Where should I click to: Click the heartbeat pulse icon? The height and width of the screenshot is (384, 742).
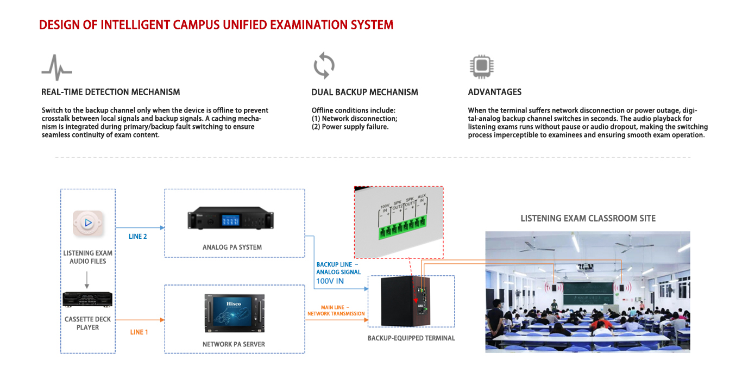click(x=56, y=67)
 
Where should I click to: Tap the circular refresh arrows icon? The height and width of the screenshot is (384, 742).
click(x=324, y=65)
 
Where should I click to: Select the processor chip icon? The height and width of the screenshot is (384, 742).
click(x=481, y=66)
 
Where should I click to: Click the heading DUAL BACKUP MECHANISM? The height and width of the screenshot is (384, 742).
click(x=364, y=92)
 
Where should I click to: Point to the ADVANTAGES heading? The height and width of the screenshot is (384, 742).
click(x=494, y=92)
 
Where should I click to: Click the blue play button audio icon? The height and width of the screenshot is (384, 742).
click(x=88, y=223)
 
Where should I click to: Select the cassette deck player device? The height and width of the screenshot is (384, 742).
click(x=87, y=299)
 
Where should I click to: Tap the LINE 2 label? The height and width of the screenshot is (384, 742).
click(x=137, y=237)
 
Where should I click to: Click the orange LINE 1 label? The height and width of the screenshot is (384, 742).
click(x=139, y=332)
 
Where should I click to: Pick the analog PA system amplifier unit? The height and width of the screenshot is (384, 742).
click(x=230, y=218)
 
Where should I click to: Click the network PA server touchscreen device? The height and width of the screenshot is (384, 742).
click(x=235, y=313)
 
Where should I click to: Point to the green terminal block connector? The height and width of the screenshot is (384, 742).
click(x=402, y=226)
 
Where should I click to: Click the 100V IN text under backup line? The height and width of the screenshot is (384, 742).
click(x=330, y=281)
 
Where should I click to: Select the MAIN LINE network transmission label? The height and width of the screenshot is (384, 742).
click(x=336, y=311)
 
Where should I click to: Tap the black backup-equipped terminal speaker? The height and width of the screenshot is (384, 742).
click(x=405, y=301)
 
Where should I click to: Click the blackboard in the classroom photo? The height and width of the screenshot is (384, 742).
click(x=588, y=293)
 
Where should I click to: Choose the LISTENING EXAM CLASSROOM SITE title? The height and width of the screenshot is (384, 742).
click(x=588, y=218)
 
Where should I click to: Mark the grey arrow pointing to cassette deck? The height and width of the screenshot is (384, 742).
click(x=87, y=280)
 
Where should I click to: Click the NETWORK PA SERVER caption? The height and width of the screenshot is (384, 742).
click(x=234, y=344)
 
